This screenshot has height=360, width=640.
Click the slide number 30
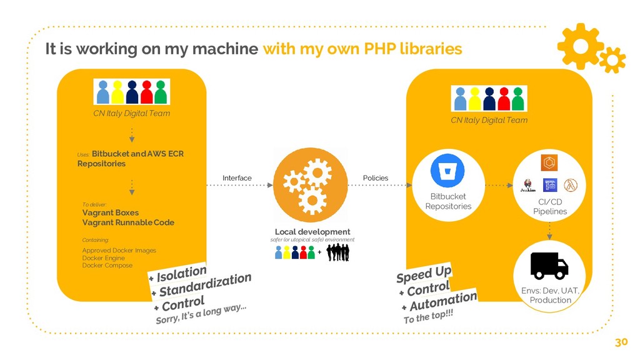621,342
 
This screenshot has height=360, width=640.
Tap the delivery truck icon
549,265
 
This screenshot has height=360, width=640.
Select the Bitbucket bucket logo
447,169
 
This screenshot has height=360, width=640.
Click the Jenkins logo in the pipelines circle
529,186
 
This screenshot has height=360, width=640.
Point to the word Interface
237,178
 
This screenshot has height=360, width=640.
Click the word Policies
376,178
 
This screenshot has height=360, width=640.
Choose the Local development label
312,232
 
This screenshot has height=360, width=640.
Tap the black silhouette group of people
337,252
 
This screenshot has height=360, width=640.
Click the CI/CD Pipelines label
550,206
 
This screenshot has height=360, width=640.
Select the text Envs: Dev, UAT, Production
551,295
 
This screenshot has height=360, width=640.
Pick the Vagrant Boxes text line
111,212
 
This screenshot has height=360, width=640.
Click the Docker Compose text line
107,265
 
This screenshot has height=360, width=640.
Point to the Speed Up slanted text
424,274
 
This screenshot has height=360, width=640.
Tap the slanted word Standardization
205,284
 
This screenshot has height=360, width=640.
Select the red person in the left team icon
147,92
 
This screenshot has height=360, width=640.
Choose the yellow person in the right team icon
475,98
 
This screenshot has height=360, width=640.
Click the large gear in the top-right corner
579,45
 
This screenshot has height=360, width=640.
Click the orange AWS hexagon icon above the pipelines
549,162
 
